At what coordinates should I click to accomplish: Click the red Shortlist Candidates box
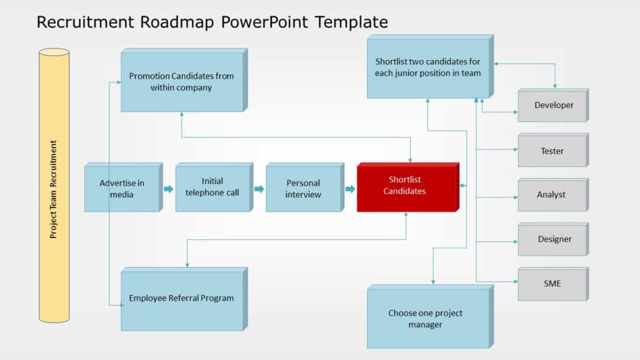(407, 187)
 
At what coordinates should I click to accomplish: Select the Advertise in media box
(122, 188)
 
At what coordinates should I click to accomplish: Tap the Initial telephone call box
(212, 187)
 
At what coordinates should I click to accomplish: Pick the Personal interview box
(303, 189)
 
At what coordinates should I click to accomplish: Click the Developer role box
(553, 106)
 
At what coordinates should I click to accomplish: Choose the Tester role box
(552, 151)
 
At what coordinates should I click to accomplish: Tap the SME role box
(552, 284)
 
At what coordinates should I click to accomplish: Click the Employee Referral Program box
(181, 299)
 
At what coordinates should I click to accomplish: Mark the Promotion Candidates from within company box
(181, 82)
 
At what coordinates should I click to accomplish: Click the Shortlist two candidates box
(427, 67)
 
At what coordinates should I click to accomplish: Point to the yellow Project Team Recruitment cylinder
(54, 186)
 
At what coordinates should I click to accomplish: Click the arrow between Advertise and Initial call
(168, 189)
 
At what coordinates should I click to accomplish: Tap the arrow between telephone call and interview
(259, 189)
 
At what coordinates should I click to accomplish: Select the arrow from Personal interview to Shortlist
(350, 189)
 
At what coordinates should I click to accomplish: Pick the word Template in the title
(352, 22)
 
